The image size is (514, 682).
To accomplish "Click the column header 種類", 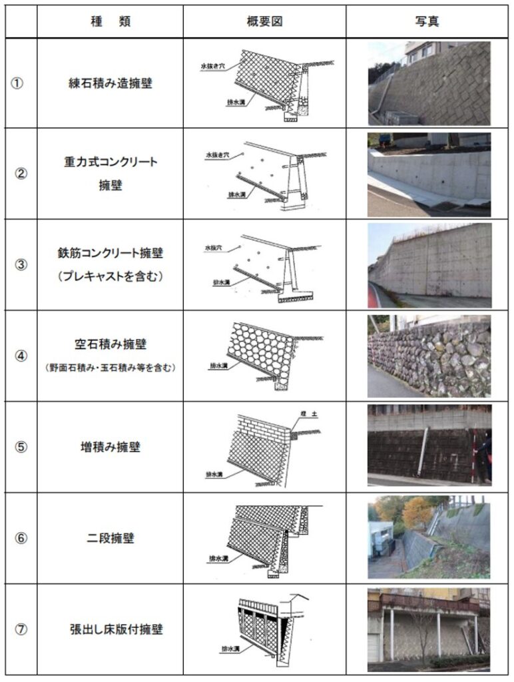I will (110, 21).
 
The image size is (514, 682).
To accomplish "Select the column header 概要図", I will (264, 21).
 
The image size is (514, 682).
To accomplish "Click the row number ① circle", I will (21, 85).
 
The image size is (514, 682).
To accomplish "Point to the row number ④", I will (21, 356).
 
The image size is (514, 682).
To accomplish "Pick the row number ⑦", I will (21, 629).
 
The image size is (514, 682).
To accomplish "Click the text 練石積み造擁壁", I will (110, 85).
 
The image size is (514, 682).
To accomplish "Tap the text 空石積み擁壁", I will (110, 345).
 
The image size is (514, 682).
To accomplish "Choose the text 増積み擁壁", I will (110, 447).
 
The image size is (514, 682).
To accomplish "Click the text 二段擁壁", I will (110, 537).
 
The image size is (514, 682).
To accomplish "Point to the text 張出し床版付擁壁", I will (110, 629).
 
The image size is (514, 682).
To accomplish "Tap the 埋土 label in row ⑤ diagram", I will (310, 414).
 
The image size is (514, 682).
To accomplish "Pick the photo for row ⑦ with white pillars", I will (429, 629).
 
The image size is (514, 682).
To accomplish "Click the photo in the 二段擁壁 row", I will (429, 537).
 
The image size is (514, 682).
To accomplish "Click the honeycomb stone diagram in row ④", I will (261, 352).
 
